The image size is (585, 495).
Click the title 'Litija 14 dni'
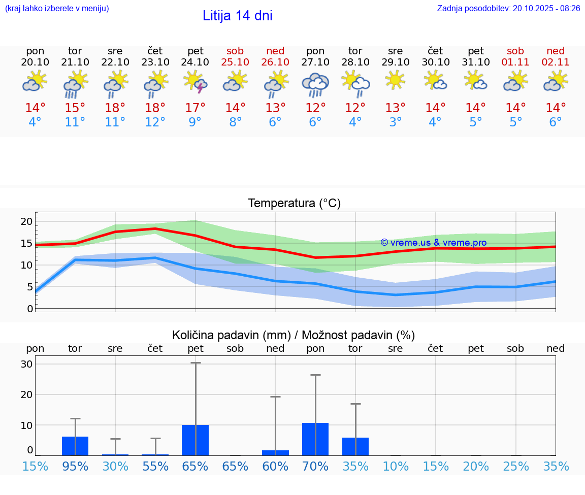[x=237, y=16]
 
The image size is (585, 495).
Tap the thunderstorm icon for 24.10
[x=196, y=82]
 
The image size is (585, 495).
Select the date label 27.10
[x=315, y=62]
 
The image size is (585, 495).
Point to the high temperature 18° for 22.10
[x=115, y=108]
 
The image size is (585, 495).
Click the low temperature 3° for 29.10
[x=395, y=122]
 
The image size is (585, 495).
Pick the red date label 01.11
[x=515, y=62]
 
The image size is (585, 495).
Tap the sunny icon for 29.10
[x=395, y=80]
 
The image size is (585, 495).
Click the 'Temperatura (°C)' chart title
[x=294, y=204]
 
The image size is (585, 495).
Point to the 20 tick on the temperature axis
[x=26, y=221]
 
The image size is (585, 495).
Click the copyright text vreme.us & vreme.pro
[x=433, y=243]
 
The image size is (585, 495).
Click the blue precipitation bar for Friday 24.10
[x=196, y=440]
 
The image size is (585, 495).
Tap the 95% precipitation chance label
[x=75, y=466]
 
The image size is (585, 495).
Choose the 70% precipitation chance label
[x=315, y=466]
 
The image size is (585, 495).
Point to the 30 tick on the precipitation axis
[x=26, y=364]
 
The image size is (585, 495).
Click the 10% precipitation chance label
[x=395, y=466]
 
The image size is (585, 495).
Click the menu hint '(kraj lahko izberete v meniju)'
[x=57, y=8]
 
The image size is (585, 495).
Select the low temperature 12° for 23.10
[x=155, y=122]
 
